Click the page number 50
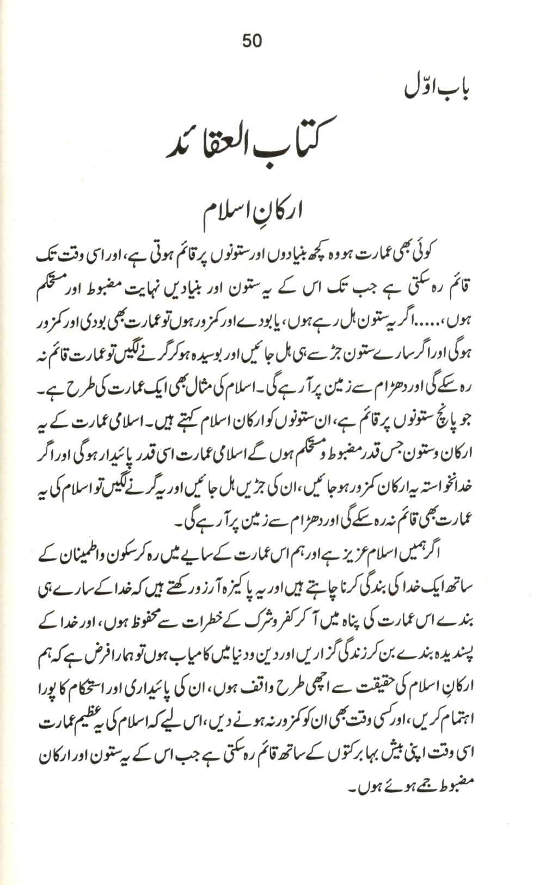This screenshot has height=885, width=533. [252, 41]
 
